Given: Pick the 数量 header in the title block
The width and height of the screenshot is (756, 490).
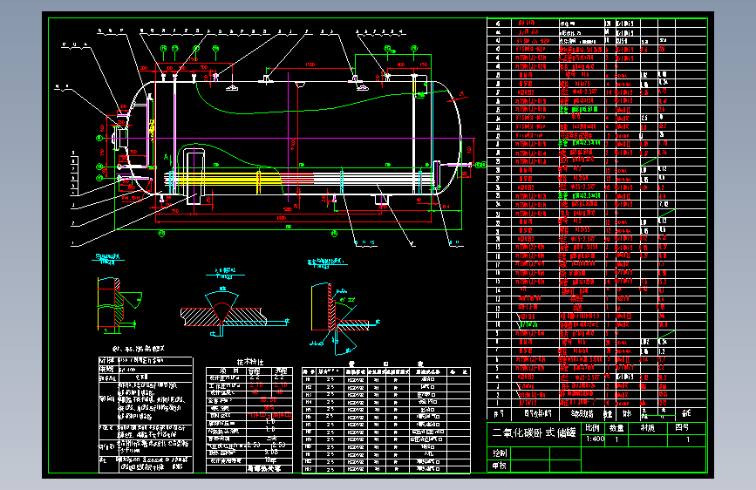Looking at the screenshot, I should click(x=616, y=428).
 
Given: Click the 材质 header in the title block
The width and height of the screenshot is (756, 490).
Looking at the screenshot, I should click(x=647, y=428).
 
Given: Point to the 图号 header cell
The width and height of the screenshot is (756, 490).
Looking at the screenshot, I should click(x=683, y=428).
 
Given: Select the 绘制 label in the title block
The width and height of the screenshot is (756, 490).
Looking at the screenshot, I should click(x=500, y=453).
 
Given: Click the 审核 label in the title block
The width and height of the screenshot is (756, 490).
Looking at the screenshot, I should click(x=500, y=466).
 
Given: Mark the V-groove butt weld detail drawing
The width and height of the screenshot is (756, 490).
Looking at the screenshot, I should click(x=221, y=310).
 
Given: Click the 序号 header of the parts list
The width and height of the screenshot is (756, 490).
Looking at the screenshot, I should click(x=499, y=413).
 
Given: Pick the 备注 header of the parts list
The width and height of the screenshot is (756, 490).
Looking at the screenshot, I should click(x=686, y=413).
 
